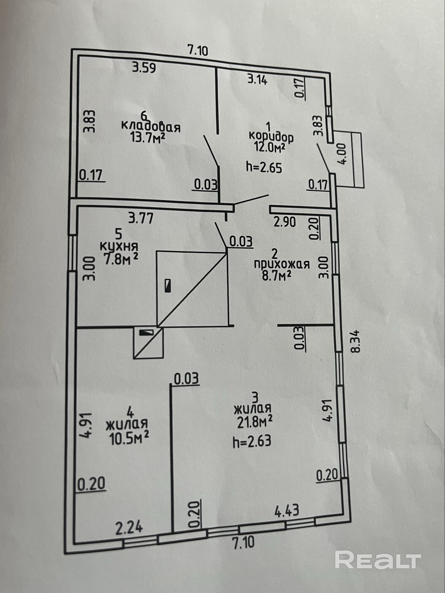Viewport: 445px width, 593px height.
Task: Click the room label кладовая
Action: pyautogui.click(x=151, y=127)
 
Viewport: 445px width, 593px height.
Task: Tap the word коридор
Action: pyautogui.click(x=271, y=137)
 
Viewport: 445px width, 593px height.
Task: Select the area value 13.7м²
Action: pyautogui.click(x=147, y=138)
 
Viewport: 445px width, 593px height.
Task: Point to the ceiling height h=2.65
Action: pyautogui.click(x=264, y=168)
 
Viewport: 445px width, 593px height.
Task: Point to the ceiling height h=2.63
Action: pyautogui.click(x=252, y=442)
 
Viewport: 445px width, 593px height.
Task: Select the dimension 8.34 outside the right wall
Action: pyautogui.click(x=355, y=341)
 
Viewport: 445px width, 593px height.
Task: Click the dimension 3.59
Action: pyautogui.click(x=144, y=68)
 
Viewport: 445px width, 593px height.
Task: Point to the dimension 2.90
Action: pyautogui.click(x=285, y=222)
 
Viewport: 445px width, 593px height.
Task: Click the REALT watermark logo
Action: pyautogui.click(x=378, y=559)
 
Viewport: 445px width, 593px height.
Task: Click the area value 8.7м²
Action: pyautogui.click(x=276, y=276)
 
